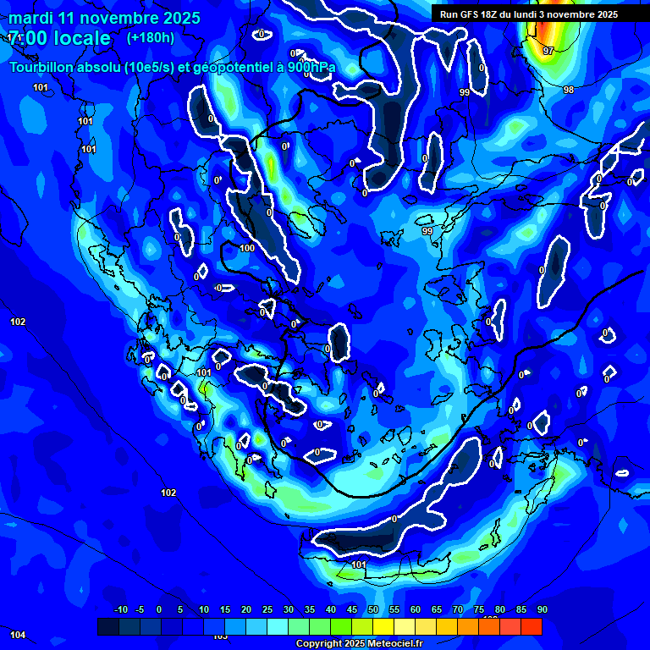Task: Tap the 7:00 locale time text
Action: click(x=59, y=39)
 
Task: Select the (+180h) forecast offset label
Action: click(x=151, y=38)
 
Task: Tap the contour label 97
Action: click(x=548, y=51)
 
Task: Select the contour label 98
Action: click(x=569, y=90)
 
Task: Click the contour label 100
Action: click(x=247, y=248)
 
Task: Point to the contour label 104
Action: click(x=18, y=635)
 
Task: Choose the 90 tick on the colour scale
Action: click(x=542, y=609)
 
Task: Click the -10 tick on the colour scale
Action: click(x=120, y=609)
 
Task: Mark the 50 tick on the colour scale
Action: click(x=373, y=609)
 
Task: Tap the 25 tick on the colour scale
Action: click(x=267, y=609)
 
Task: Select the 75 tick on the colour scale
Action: click(x=479, y=609)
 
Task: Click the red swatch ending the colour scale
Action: click(x=532, y=626)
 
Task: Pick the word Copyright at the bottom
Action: click(x=318, y=643)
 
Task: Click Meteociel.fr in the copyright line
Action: click(x=395, y=643)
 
